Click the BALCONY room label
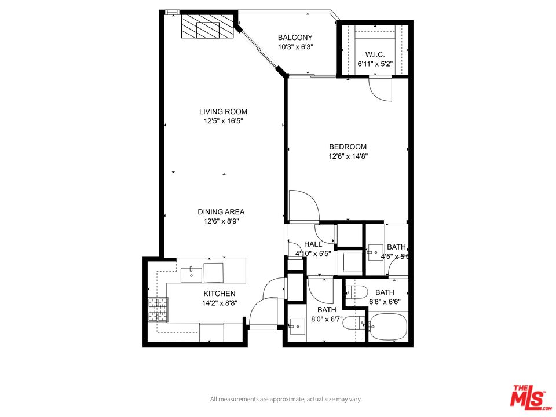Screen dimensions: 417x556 [x=295, y=38]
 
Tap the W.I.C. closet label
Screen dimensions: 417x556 [x=375, y=55]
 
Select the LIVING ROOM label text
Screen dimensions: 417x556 [x=223, y=112]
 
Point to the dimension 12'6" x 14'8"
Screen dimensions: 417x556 [x=348, y=156]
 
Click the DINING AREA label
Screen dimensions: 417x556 [x=221, y=212]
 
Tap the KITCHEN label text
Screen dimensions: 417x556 [x=219, y=294]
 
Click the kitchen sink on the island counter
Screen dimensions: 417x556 [x=191, y=274]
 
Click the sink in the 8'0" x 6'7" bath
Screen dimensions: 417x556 [x=297, y=327]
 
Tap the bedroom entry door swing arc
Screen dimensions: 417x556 [x=302, y=206]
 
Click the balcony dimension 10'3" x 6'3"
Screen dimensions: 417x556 [x=295, y=47]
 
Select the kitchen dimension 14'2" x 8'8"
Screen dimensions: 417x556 [x=219, y=303]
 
